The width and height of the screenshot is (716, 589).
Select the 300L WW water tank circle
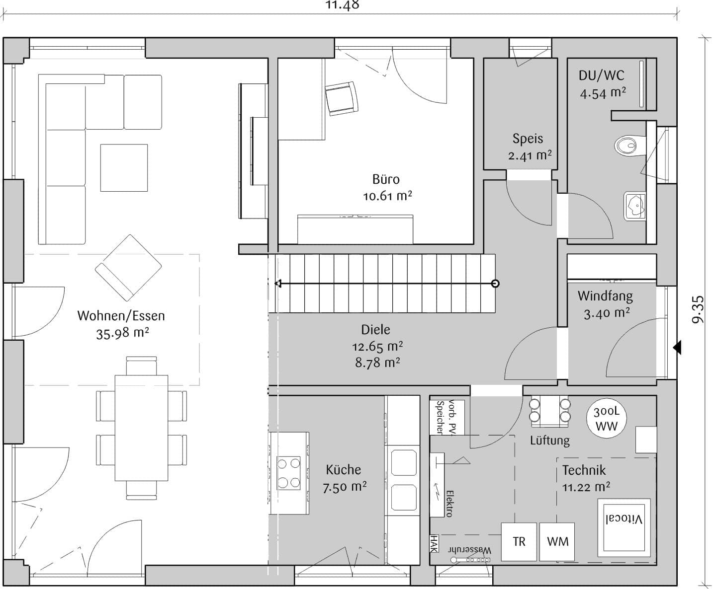click(x=607, y=419)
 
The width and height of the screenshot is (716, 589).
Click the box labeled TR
click(x=519, y=542)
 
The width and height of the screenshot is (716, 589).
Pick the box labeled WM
click(x=557, y=542)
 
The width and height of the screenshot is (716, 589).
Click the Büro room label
click(x=386, y=179)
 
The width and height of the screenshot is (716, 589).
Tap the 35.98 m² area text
click(x=122, y=333)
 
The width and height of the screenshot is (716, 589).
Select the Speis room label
click(x=528, y=139)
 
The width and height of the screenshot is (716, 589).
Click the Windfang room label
click(x=605, y=296)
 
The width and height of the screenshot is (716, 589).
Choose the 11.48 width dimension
click(x=342, y=5)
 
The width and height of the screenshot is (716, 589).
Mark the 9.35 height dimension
click(x=698, y=309)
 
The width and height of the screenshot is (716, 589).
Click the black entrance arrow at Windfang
click(x=677, y=348)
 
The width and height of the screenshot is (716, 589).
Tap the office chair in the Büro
click(x=342, y=98)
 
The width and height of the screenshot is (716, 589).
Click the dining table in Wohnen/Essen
click(x=141, y=428)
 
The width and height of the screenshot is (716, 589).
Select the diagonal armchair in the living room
click(x=128, y=268)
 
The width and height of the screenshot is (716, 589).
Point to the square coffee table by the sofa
click(x=124, y=168)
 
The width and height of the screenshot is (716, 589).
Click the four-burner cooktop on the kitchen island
click(x=288, y=473)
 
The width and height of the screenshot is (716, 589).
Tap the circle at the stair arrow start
click(x=495, y=284)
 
